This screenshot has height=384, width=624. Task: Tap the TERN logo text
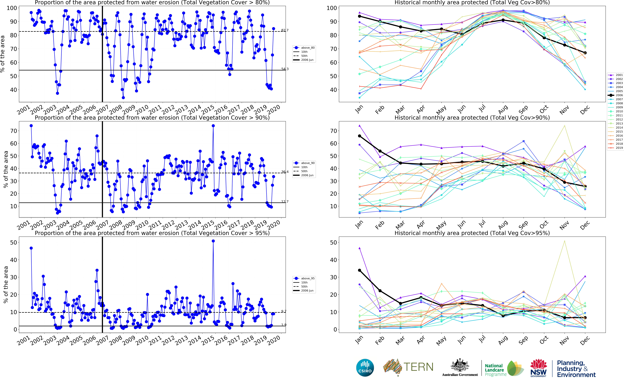click(x=418, y=367)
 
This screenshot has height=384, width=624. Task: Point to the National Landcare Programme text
click(x=495, y=370)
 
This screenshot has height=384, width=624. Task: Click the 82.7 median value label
click(x=285, y=30)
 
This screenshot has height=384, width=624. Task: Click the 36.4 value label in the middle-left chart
click(x=285, y=172)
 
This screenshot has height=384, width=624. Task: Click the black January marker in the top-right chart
click(x=359, y=16)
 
